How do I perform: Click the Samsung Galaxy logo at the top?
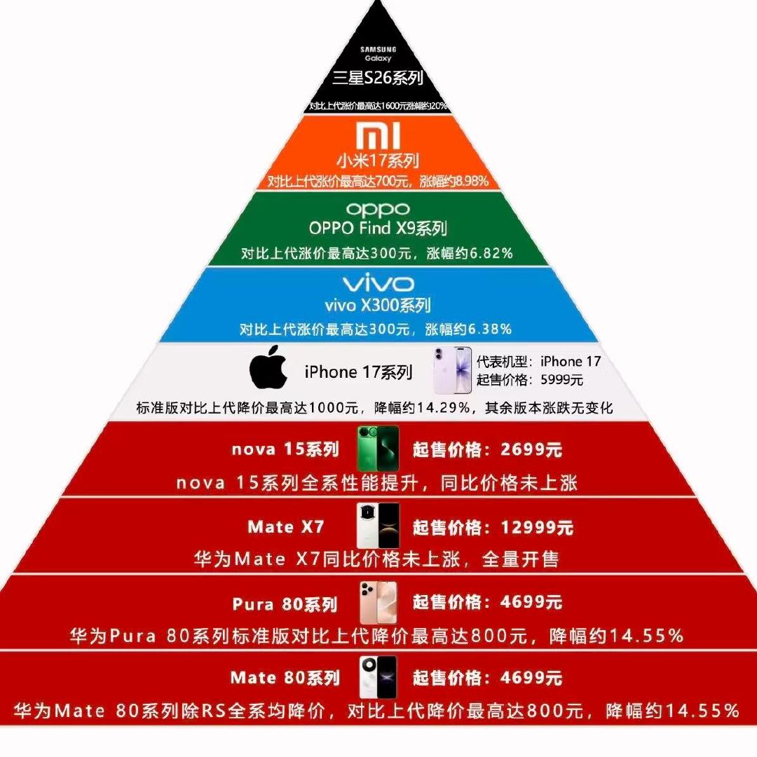[378, 54]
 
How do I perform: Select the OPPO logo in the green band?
[378, 210]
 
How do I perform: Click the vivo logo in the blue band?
[378, 284]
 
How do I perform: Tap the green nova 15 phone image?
[378, 449]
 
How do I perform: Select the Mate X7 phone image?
[378, 526]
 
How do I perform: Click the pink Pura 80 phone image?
[378, 602]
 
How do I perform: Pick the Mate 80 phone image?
[378, 677]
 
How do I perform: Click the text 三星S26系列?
[378, 79]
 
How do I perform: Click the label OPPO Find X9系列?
[378, 229]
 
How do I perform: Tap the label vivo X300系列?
[378, 305]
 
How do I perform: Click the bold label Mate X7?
[286, 526]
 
